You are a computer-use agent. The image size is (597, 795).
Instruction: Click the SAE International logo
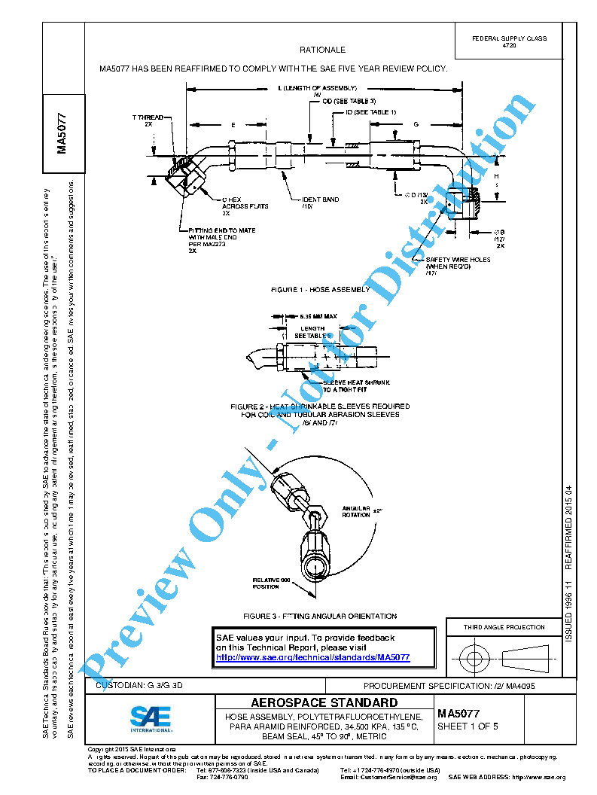pos(151,718)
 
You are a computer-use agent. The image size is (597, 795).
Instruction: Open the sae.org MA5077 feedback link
pos(312,657)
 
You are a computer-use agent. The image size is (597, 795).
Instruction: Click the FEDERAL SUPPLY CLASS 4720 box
pos(509,42)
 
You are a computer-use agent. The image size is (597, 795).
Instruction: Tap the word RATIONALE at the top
pos(322,50)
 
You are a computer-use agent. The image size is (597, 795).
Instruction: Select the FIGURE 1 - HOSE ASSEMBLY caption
pos(321,289)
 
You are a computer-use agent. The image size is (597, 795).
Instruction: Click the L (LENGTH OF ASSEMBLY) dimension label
pos(317,88)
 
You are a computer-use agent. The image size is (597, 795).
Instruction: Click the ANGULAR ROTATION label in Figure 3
pos(356,511)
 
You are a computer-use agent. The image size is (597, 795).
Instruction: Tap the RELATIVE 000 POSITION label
pos(270,583)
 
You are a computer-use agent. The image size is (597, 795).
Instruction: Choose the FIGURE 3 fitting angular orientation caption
pos(326,616)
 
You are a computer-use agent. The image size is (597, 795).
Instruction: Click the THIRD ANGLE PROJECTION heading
pos(504,627)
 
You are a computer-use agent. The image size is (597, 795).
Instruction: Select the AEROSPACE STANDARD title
pos(324,702)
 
